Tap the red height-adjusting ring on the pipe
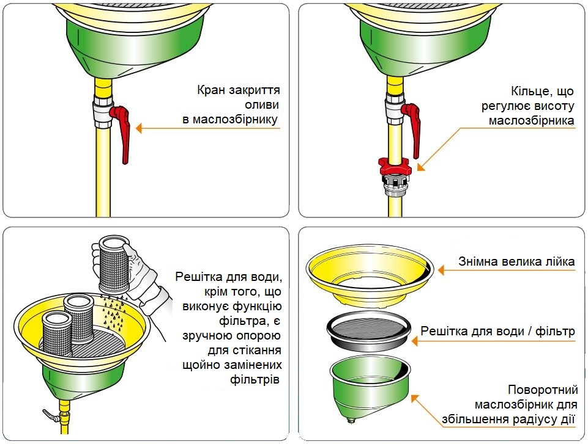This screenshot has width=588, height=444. click(395, 166)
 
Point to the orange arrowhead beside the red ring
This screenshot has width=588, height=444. click(421, 167)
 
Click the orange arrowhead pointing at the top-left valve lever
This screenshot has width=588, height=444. click(139, 128)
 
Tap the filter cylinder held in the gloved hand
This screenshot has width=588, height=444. click(113, 264)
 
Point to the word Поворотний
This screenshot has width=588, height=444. click(543, 390)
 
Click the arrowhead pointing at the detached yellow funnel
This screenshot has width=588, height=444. click(441, 270)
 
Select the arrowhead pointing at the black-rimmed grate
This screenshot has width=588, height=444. click(415, 341)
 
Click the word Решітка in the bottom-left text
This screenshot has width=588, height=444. click(199, 277)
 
